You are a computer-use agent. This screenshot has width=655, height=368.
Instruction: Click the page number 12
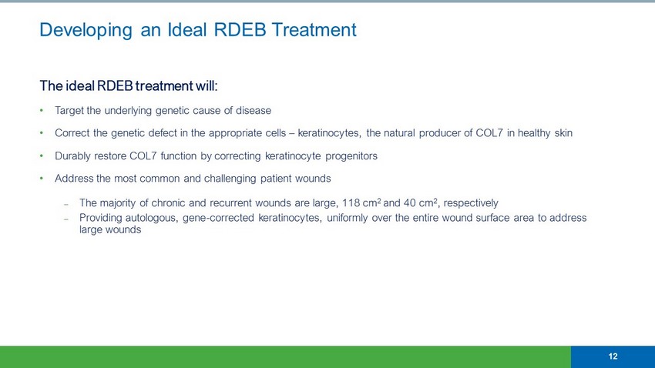point(613,356)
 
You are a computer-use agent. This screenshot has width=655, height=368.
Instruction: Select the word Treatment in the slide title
point(314,29)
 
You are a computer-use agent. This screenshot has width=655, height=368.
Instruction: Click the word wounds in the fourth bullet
point(313,179)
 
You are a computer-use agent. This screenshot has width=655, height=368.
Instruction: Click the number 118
point(351,203)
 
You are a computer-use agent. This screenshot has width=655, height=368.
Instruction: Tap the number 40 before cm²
point(409,203)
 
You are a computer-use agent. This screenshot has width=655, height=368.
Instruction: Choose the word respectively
point(471,203)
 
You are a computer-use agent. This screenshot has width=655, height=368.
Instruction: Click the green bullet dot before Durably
point(42,156)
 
